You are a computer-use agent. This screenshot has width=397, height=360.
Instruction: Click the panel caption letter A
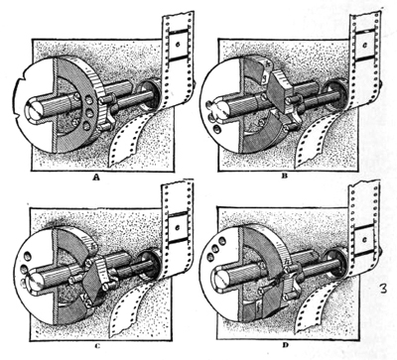point(96,178)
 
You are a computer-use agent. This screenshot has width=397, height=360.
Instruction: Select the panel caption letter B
point(284,176)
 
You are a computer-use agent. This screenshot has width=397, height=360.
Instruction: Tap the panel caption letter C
point(97,346)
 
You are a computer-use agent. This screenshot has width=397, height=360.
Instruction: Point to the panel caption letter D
point(286,345)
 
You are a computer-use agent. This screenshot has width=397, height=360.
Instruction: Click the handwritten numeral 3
point(384,288)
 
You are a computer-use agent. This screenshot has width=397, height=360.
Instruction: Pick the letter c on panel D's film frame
point(364,240)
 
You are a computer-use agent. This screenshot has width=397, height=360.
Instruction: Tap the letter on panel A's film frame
point(178,44)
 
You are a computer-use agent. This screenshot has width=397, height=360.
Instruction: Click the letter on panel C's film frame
point(178,227)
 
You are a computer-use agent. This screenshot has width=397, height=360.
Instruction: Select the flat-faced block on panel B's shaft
point(280,90)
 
